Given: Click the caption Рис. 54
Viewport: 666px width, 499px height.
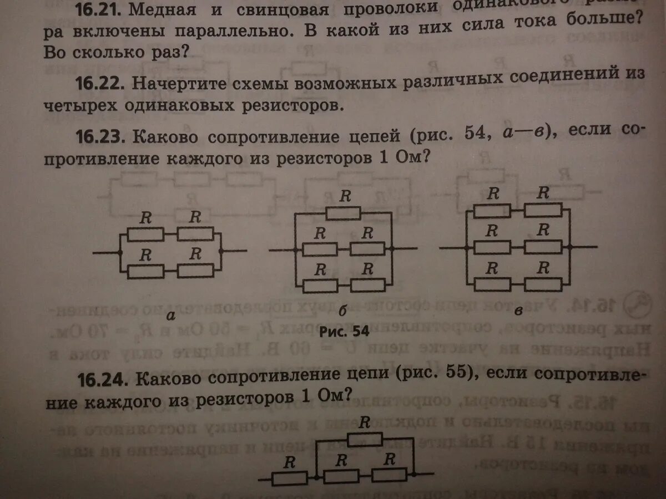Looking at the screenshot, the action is [x=344, y=332].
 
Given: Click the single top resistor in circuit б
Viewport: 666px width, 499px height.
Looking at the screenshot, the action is [x=343, y=213].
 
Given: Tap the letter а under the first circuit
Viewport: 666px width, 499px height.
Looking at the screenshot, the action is [x=171, y=316].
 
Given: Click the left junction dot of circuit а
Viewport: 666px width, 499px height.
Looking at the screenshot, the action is [x=120, y=253].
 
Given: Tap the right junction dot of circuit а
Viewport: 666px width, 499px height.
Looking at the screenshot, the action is [x=221, y=251].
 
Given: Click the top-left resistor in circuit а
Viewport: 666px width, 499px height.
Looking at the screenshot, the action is [x=145, y=235].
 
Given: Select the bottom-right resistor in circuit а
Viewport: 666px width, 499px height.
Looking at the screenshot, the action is [x=196, y=271].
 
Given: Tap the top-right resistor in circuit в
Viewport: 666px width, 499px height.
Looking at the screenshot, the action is [x=543, y=210].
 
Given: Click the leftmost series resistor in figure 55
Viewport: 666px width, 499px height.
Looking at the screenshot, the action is [x=289, y=477].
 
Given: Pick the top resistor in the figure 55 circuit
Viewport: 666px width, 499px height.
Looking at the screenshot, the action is [x=364, y=439].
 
